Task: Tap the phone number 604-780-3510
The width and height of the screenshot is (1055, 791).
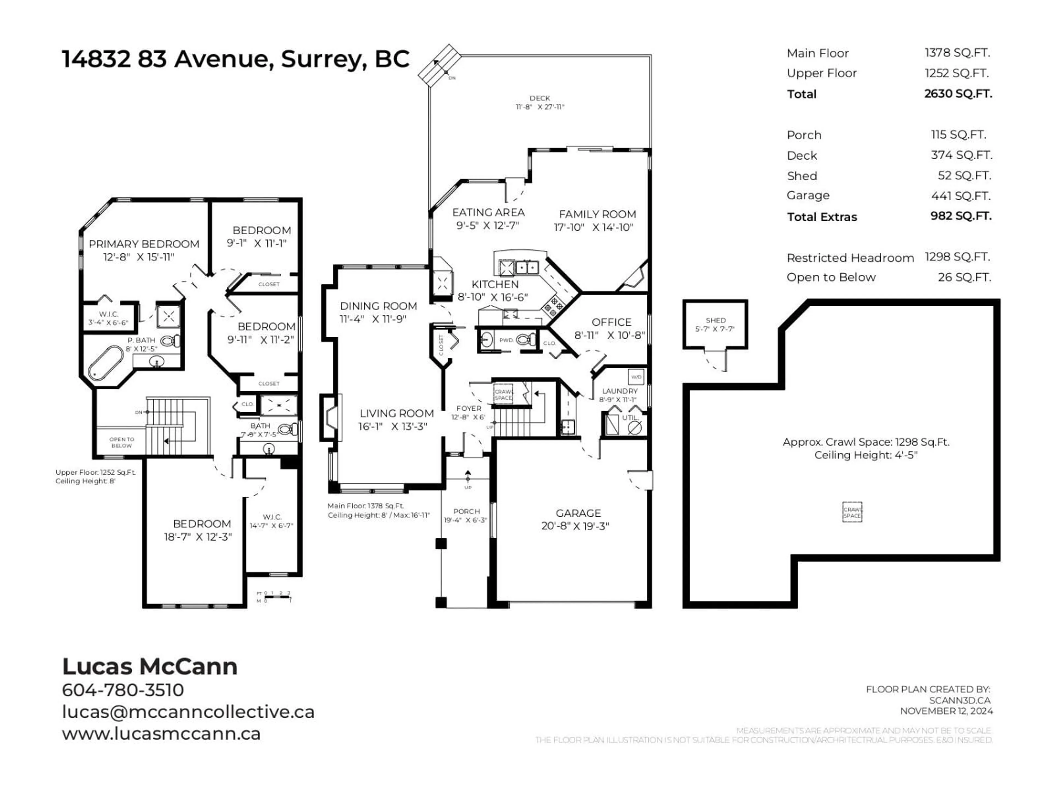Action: pyautogui.click(x=123, y=690)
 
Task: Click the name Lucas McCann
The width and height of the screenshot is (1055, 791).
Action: pyautogui.click(x=150, y=667)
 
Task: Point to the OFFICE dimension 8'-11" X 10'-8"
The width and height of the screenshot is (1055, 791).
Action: pyautogui.click(x=609, y=336)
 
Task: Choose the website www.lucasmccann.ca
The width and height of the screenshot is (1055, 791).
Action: pyautogui.click(x=161, y=733)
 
